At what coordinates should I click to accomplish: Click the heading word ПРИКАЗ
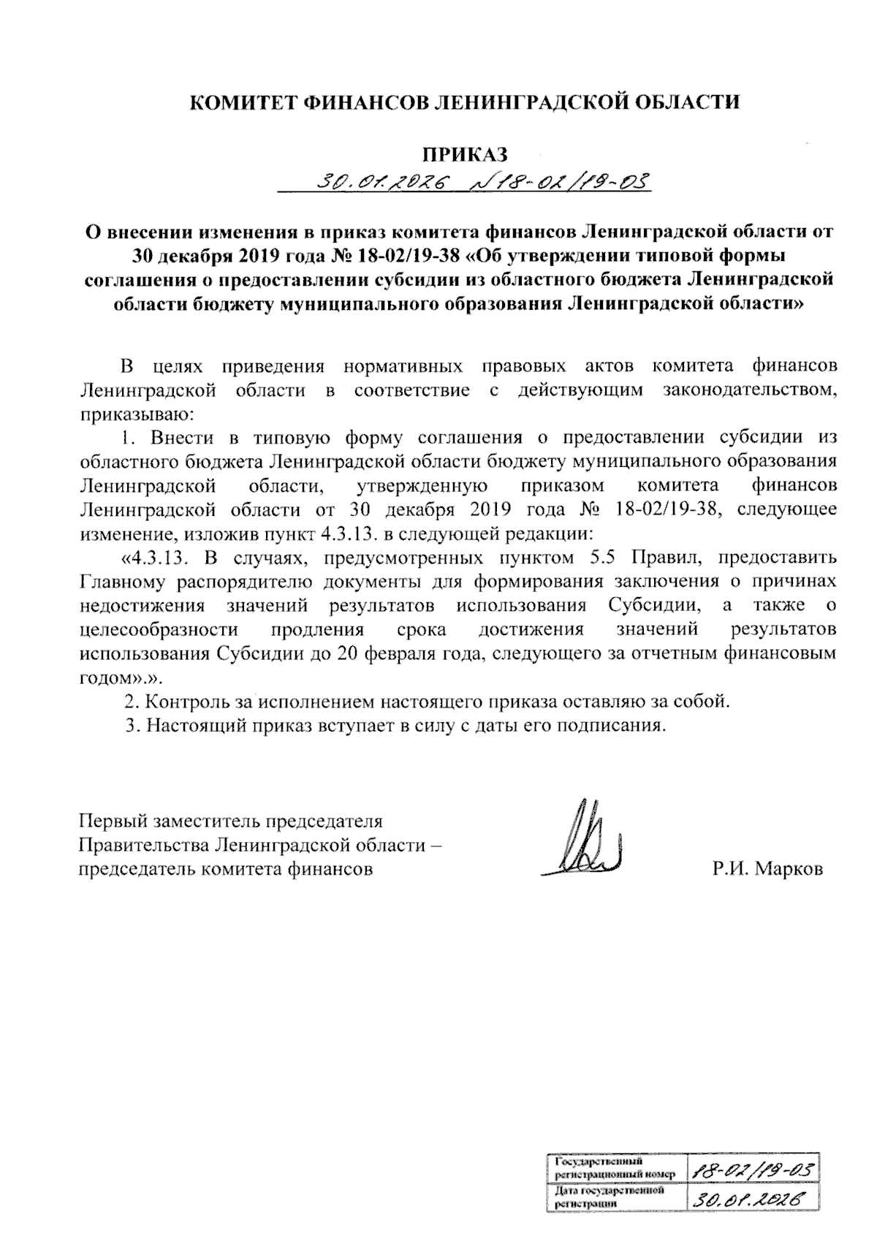pyautogui.click(x=465, y=154)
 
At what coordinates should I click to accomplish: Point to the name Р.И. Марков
pyautogui.click(x=768, y=869)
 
